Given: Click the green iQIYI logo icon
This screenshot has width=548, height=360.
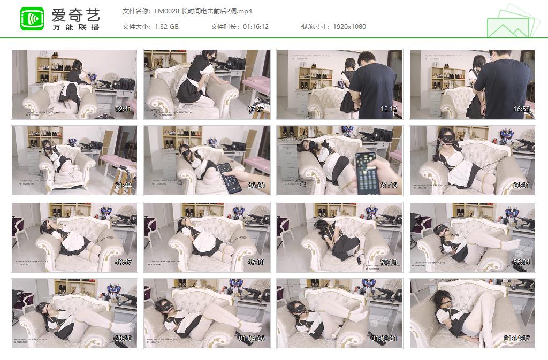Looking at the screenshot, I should [x=32, y=19].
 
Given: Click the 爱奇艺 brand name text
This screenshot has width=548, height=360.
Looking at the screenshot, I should [x=75, y=14].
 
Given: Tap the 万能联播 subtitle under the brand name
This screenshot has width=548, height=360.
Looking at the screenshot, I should [x=75, y=27].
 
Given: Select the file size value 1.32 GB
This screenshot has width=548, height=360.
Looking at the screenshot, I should [x=166, y=26].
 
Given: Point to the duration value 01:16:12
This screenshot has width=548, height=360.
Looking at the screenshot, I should [x=255, y=26].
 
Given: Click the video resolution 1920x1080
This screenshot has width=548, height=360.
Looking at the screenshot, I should [x=349, y=26].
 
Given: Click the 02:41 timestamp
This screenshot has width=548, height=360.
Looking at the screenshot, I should [x=123, y=109].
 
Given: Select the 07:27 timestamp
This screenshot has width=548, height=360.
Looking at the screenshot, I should [x=256, y=109].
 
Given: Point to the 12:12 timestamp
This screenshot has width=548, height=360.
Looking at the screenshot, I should [x=389, y=109].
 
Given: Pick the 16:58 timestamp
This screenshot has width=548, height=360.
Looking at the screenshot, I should [x=521, y=109].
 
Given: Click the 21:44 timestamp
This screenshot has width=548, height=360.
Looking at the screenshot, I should [x=123, y=186].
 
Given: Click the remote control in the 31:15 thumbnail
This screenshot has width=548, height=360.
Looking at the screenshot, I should [x=367, y=172].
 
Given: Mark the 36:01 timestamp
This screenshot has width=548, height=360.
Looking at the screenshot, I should [x=521, y=186].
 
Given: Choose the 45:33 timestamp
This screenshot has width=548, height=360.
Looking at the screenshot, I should [x=256, y=262].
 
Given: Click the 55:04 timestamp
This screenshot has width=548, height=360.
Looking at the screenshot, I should [x=521, y=262].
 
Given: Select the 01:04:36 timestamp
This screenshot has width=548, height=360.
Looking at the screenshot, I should [x=252, y=339].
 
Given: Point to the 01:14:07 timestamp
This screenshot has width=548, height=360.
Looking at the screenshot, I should [x=517, y=339].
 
